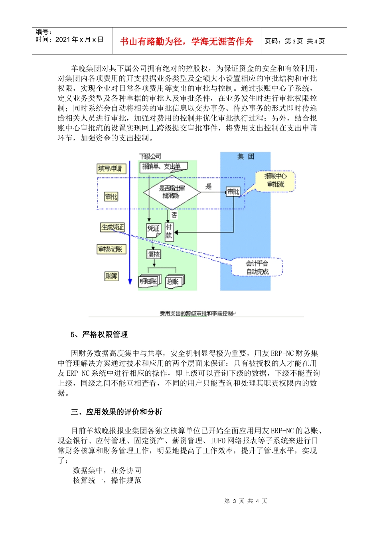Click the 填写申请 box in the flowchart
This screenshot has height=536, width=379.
point(111,169)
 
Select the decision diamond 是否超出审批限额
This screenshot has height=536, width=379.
point(172,192)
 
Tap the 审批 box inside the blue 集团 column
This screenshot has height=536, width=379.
point(233,192)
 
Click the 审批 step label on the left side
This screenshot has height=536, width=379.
point(111,197)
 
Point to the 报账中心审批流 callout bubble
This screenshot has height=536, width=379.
point(275,181)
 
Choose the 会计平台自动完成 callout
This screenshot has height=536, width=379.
point(257,268)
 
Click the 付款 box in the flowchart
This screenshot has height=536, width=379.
point(169,231)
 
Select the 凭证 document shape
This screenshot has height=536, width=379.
point(153,229)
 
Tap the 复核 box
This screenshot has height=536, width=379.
point(154,254)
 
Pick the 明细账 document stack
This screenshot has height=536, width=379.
point(149,281)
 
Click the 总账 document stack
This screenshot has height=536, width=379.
point(174,281)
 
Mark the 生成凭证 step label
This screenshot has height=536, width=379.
point(113,227)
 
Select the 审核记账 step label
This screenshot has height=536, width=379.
point(111,249)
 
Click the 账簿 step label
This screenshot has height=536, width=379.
point(111,276)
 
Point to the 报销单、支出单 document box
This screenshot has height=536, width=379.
point(163,167)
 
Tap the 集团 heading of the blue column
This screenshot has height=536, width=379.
point(245,156)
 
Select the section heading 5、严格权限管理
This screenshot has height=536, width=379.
point(99,335)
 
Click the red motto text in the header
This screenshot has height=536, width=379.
point(186,41)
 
